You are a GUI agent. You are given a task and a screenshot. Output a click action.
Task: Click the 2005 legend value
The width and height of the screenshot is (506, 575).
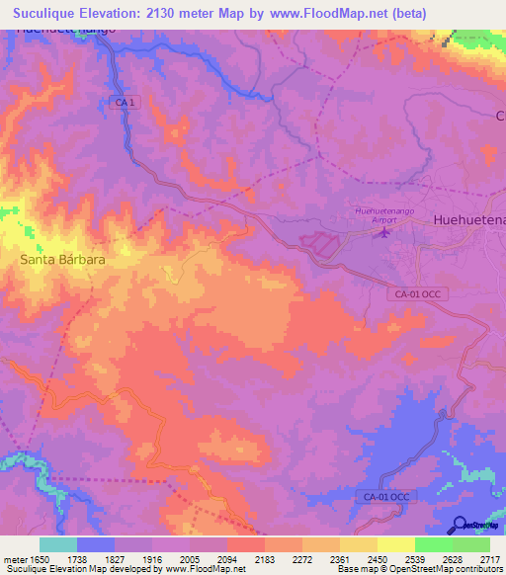208,558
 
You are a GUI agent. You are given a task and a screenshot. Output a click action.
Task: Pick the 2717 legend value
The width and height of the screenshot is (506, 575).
489,558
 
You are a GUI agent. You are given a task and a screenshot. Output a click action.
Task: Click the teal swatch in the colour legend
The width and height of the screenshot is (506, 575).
58,544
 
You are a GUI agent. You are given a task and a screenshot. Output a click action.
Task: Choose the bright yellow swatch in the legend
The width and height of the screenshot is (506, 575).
395,544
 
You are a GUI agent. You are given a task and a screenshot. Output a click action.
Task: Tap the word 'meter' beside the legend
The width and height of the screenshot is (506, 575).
14,558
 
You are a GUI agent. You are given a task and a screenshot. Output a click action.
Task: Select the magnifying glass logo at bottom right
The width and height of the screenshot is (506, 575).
460,525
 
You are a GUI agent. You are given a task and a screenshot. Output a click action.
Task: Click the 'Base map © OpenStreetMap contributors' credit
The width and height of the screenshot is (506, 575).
418,569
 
